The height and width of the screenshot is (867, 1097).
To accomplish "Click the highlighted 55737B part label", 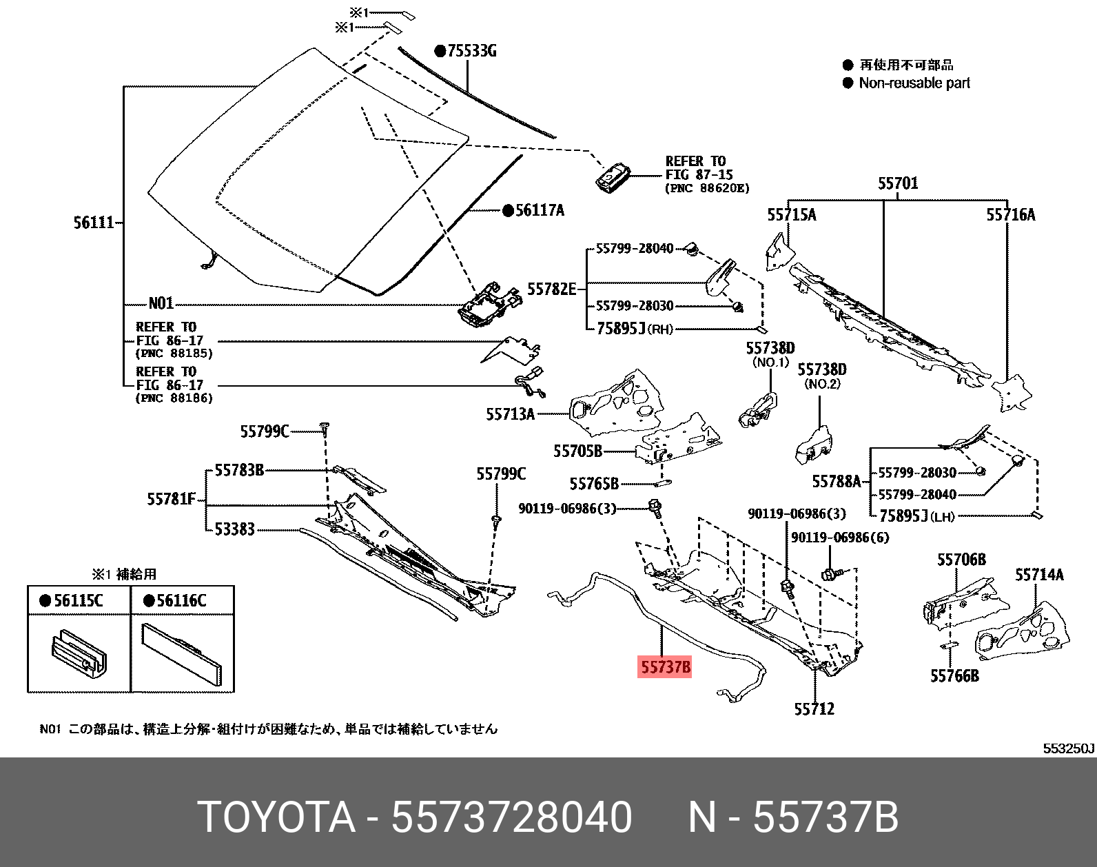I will pyautogui.click(x=664, y=666).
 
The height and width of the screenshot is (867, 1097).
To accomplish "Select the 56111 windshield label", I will pyautogui.click(x=94, y=223).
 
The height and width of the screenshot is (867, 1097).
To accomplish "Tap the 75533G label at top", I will pyautogui.click(x=471, y=51).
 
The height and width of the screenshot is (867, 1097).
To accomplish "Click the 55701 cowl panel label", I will pyautogui.click(x=897, y=184).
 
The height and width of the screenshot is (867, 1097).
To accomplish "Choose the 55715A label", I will pyautogui.click(x=791, y=215).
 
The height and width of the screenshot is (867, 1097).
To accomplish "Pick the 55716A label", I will pyautogui.click(x=1010, y=215).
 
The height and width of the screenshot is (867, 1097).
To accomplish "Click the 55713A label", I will pyautogui.click(x=510, y=414).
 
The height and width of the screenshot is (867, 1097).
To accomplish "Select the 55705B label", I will pyautogui.click(x=577, y=451).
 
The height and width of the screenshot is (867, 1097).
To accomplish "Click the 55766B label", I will pyautogui.click(x=954, y=676).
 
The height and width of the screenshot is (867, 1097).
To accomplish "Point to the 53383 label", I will pyautogui.click(x=234, y=529).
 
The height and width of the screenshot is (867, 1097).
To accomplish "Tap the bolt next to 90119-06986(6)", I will pyautogui.click(x=830, y=573).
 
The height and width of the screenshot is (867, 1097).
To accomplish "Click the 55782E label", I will pyautogui.click(x=551, y=289).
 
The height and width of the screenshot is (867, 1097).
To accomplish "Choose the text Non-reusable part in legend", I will pyautogui.click(x=914, y=83).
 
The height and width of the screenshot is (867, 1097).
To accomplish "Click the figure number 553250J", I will pyautogui.click(x=1068, y=748).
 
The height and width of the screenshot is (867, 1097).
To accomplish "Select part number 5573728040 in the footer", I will pyautogui.click(x=511, y=818).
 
